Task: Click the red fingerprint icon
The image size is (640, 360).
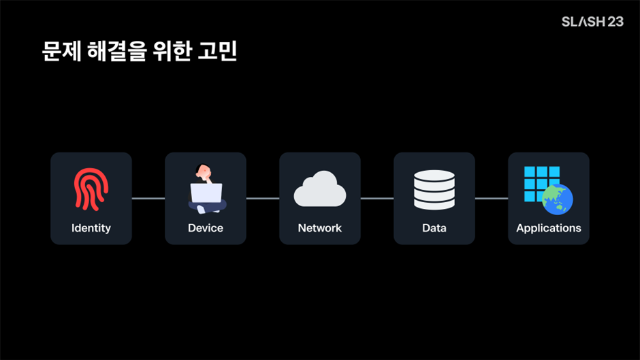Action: [91, 189]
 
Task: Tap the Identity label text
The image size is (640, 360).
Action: [91, 228]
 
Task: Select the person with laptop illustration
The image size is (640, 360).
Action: [206, 189]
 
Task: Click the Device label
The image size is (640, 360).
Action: [206, 228]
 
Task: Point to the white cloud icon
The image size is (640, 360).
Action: [320, 189]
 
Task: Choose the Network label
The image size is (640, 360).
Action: [320, 228]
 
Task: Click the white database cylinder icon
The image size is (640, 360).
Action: [434, 189]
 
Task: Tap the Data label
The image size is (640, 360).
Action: [434, 228]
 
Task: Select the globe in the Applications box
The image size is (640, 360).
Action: [558, 199]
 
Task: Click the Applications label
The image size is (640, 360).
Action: [549, 228]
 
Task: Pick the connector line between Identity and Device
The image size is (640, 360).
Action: [148, 199]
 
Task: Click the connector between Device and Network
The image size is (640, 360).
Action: [263, 199]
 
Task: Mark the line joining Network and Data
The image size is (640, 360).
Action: [377, 199]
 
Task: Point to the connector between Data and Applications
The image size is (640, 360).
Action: [492, 199]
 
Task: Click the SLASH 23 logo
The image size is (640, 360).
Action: [592, 22]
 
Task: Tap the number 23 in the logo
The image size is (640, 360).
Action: [615, 22]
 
